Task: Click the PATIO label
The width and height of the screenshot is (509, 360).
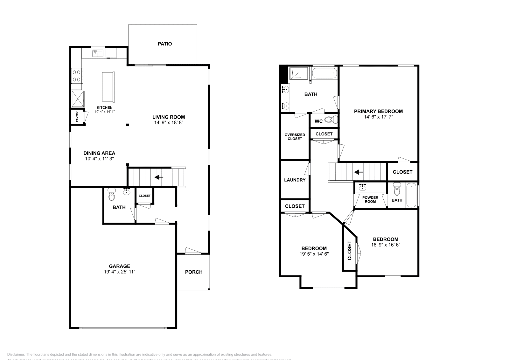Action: (165, 44)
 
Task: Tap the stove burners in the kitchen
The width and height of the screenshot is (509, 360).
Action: (77, 75)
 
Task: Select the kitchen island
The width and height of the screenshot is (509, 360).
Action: (108, 86)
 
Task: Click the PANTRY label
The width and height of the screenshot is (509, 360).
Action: (77, 117)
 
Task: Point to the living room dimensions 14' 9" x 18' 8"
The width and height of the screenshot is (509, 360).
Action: (168, 122)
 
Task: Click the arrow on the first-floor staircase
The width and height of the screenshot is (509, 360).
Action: (159, 177)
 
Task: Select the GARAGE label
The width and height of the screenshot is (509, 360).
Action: (119, 266)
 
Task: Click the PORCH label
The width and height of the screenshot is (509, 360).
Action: (194, 272)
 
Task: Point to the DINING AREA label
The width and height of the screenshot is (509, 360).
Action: (99, 153)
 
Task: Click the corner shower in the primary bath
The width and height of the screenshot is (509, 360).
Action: (298, 74)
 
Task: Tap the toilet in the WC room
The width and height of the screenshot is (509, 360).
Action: (331, 120)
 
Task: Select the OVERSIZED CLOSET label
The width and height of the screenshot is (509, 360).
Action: (295, 137)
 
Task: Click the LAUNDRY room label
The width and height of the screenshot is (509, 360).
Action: (295, 180)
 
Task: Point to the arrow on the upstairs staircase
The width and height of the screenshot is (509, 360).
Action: (359, 172)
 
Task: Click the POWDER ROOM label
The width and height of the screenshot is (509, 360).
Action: (370, 199)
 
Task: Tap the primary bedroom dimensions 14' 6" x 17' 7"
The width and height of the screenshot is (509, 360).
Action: (378, 117)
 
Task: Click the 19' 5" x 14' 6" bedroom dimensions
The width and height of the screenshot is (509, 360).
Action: (314, 254)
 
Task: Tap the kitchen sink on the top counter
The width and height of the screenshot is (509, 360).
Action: (98, 53)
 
